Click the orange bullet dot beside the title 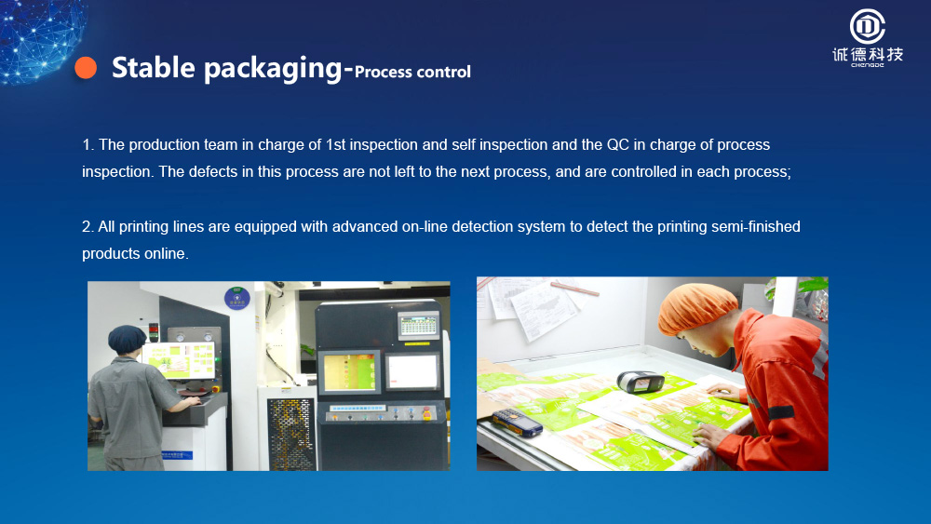pyautogui.click(x=86, y=68)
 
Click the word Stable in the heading pyautogui.click(x=154, y=67)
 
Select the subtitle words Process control pyautogui.click(x=412, y=72)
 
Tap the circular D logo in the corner pyautogui.click(x=868, y=27)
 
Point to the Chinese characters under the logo pyautogui.click(x=868, y=55)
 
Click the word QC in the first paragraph pyautogui.click(x=617, y=145)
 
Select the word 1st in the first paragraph pyautogui.click(x=335, y=145)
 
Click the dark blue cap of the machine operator pyautogui.click(x=127, y=338)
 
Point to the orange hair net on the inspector pyautogui.click(x=695, y=307)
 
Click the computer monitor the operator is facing pyautogui.click(x=179, y=360)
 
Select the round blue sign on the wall pyautogui.click(x=237, y=298)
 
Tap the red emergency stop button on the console pyautogui.click(x=426, y=413)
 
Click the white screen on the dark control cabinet pyautogui.click(x=412, y=372)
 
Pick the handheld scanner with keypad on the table pyautogui.click(x=517, y=422)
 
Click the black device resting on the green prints pyautogui.click(x=641, y=382)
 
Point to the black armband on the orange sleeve pyautogui.click(x=780, y=412)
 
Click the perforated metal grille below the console pyautogui.click(x=290, y=434)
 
